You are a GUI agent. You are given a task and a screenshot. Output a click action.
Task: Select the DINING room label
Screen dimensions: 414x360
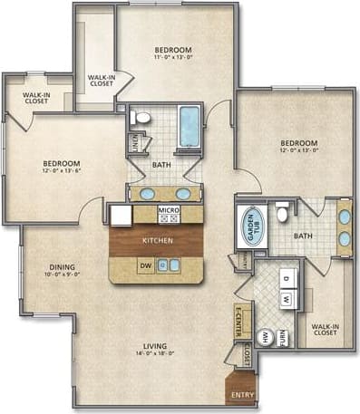point(63,266)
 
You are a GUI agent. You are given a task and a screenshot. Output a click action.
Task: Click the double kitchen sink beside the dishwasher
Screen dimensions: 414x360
point(169,266)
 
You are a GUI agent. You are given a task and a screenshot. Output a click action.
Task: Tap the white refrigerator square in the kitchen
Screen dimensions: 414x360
point(122,216)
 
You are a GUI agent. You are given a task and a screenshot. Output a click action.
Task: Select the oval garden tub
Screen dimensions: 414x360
point(249,226)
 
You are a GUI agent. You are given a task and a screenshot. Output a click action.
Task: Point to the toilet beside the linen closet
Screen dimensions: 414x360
point(140,118)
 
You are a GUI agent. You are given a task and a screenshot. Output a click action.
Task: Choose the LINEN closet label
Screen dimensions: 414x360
point(134,143)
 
